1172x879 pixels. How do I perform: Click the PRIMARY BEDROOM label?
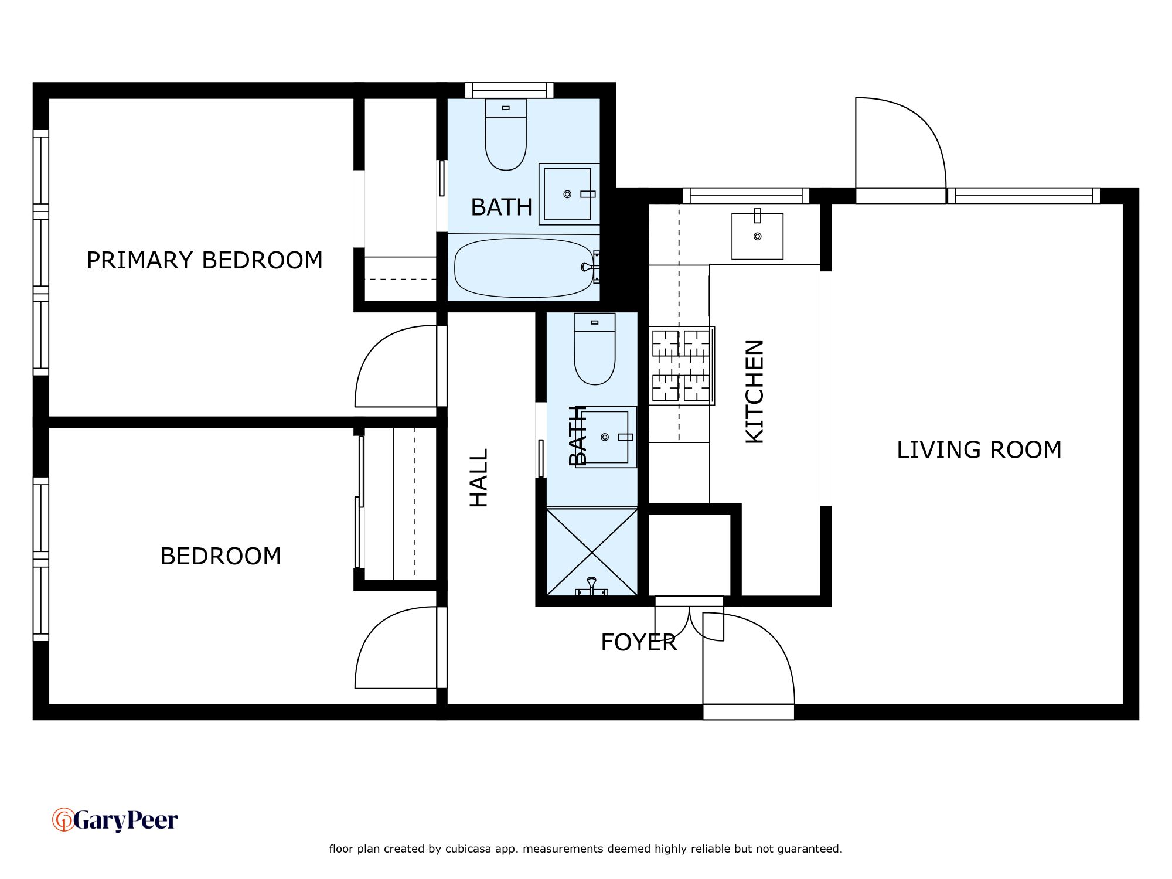[x=205, y=260]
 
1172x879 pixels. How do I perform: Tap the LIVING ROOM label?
[x=979, y=450]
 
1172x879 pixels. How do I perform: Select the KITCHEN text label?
[x=755, y=391]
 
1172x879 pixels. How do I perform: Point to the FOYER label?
[x=639, y=643]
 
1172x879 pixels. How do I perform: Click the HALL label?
[x=479, y=478]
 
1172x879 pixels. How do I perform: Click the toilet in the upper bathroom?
[x=506, y=134]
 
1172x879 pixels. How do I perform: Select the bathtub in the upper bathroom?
[x=524, y=268]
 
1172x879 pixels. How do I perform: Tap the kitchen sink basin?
[x=757, y=236]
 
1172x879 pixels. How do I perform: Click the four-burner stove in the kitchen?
[x=682, y=366]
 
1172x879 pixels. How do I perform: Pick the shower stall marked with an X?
[x=592, y=551]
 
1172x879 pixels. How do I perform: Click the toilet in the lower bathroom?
[x=595, y=349]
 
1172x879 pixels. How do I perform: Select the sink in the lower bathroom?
[x=606, y=437]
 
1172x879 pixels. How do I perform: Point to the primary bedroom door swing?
[x=396, y=366]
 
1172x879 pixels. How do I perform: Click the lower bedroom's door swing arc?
[x=396, y=648]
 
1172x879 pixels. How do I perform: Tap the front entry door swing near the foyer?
[x=749, y=658]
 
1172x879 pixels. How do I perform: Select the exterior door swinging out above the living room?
[x=901, y=142]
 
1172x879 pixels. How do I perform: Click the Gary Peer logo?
[x=115, y=820]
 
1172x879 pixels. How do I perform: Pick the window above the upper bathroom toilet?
[x=509, y=90]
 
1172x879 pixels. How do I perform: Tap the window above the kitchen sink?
[x=746, y=196]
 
